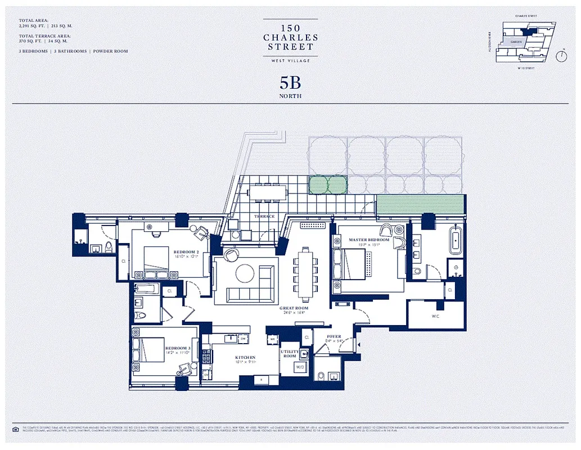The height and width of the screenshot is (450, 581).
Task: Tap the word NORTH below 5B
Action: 290,96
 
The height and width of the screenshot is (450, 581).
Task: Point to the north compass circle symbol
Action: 561,56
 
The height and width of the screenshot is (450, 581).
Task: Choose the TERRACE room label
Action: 264,217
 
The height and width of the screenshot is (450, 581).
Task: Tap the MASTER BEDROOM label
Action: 369,240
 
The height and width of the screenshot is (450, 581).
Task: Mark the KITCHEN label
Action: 245,357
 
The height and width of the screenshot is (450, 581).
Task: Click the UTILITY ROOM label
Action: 290,354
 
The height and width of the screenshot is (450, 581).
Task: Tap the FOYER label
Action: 334,337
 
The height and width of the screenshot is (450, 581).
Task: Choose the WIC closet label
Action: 436,317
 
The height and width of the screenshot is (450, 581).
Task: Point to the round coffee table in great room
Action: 246,274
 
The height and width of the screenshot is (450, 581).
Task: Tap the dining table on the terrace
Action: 267,192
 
